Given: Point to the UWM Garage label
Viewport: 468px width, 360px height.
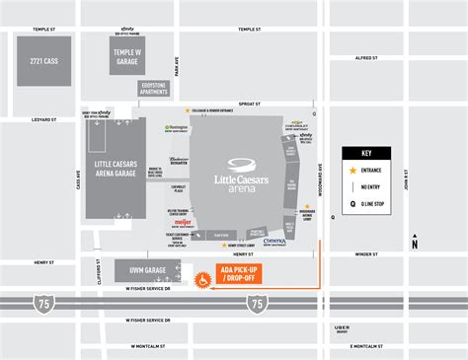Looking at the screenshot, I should (x=138, y=269).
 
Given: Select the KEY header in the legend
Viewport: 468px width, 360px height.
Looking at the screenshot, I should (x=366, y=154).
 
